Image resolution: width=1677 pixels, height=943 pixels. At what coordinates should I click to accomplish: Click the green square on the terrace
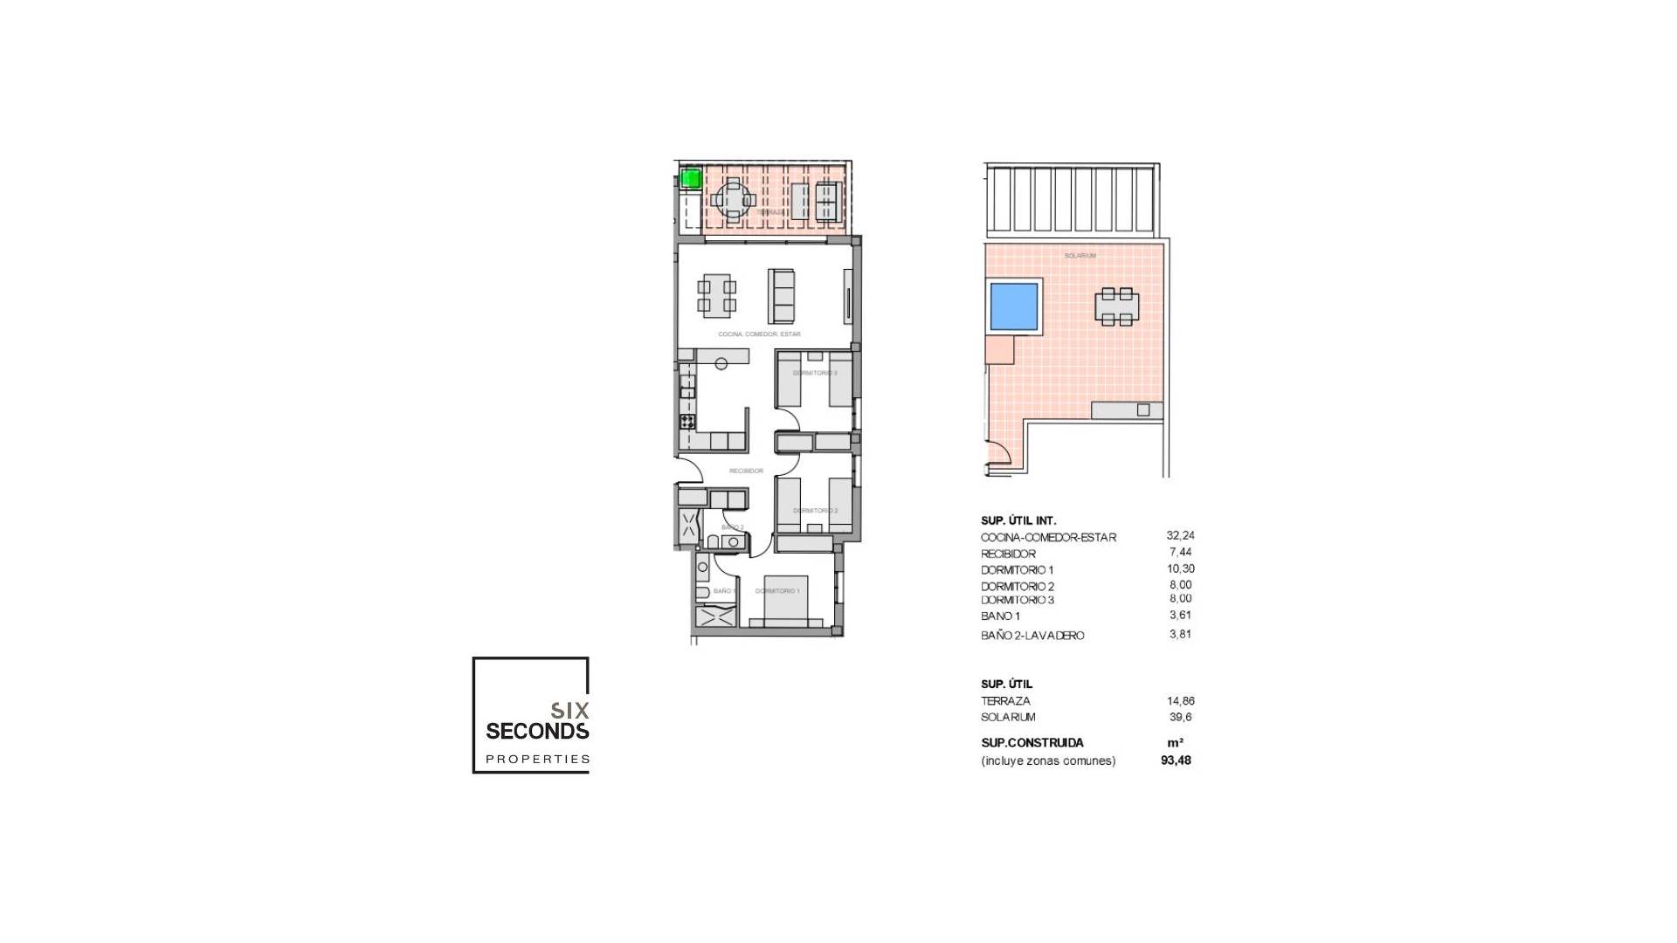coord(691,179)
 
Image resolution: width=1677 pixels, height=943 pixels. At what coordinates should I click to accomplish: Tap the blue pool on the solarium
coord(1013,306)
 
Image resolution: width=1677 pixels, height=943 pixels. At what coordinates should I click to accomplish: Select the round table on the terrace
coord(734,200)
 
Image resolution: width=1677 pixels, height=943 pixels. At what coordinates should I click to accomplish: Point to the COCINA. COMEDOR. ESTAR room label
coord(759,334)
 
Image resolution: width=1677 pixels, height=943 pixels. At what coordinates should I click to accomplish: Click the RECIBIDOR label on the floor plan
coord(746,471)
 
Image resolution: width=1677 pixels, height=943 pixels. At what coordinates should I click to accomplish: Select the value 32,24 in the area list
coord(1180,536)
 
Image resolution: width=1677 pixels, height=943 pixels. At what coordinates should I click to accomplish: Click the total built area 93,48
coord(1176,761)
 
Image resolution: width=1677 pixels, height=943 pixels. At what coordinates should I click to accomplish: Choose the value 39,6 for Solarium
coord(1180,717)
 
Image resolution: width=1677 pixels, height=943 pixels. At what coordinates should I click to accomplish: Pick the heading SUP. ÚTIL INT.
coord(1018,520)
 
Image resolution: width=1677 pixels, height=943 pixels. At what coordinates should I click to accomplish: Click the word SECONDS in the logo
coord(537,731)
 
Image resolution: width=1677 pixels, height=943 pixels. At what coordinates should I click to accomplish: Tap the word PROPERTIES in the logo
coord(537,760)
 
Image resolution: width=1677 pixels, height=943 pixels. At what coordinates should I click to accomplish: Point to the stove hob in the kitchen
coord(687,422)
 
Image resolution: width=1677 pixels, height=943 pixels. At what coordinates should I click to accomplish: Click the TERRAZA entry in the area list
coord(1005,701)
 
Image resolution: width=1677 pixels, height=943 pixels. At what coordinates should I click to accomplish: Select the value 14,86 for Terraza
coord(1180,701)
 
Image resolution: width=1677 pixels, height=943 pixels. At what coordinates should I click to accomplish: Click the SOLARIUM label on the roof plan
coord(1080,256)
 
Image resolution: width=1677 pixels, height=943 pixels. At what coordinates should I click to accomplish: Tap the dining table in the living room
coord(716,295)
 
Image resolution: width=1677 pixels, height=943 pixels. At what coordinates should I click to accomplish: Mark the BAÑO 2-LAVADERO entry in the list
coord(1032,636)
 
